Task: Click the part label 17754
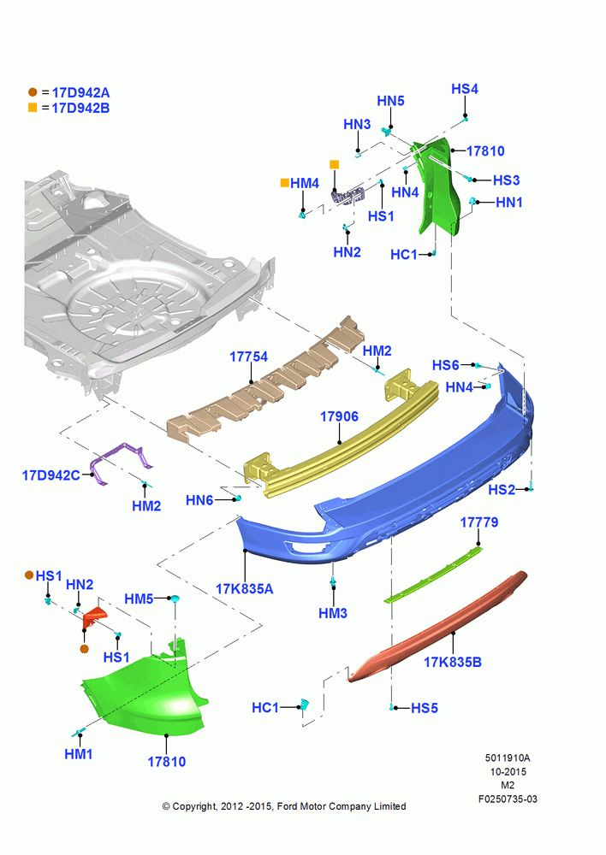248,357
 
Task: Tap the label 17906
339,416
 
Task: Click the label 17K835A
244,589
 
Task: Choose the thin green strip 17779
434,575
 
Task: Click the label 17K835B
453,662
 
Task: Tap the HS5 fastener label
425,708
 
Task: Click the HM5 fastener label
139,598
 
